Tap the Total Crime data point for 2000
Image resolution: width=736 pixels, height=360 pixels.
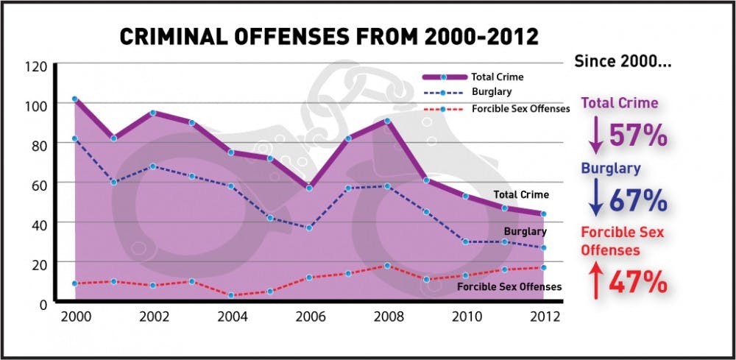point(74,99)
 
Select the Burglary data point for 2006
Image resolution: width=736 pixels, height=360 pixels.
point(309,227)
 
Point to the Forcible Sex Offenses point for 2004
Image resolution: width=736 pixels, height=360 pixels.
point(231,295)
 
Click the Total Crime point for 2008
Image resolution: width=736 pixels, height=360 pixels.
point(387,120)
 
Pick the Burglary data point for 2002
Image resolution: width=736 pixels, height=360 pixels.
point(153,166)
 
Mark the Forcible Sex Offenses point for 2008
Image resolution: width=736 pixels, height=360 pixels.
point(387,266)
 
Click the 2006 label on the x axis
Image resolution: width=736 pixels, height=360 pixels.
point(309,317)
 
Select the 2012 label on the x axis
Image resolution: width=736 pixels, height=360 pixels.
point(543,317)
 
